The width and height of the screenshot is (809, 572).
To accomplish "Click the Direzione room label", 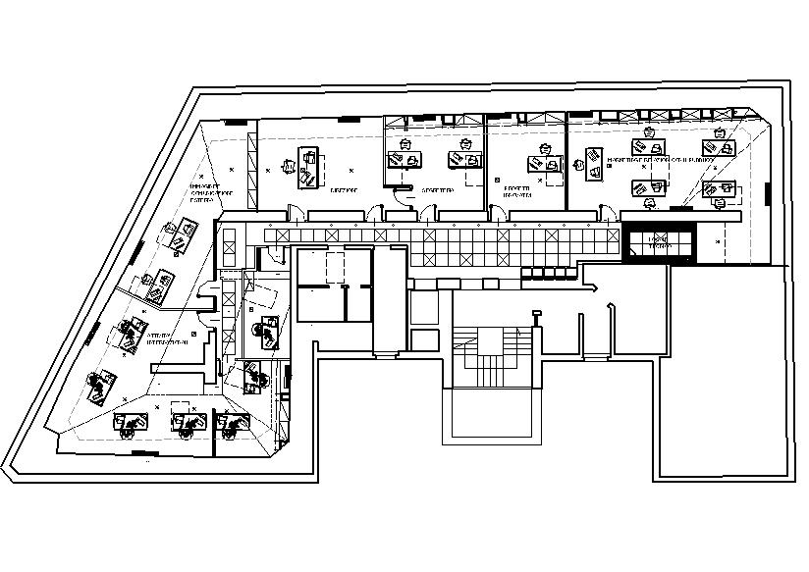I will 343,190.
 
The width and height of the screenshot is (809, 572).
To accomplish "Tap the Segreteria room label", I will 437,190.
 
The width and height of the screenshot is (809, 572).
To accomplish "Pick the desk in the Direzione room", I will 309,167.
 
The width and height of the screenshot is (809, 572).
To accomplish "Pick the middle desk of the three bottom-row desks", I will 186,423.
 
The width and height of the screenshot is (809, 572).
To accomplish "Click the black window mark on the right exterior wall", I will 766,193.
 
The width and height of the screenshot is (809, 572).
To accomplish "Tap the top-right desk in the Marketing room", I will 724,147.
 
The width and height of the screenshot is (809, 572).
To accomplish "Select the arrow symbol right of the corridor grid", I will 593,287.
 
